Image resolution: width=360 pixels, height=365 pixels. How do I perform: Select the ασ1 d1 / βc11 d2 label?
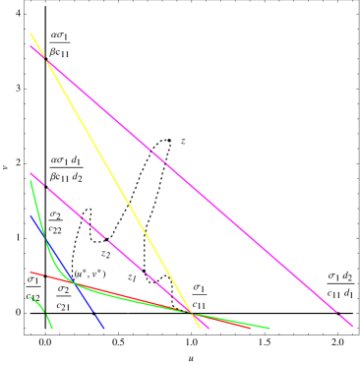click(x=67, y=168)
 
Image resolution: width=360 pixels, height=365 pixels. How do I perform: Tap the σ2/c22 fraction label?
click(x=56, y=222)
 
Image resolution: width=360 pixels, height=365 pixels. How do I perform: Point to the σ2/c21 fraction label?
click(x=63, y=297)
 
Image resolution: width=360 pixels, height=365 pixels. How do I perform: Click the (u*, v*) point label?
click(x=90, y=274)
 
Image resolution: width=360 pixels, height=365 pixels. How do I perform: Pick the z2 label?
click(x=106, y=254)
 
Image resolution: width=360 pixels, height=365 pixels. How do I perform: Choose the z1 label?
click(x=132, y=277)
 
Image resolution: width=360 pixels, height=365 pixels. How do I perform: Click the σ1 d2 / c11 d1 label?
click(x=340, y=283)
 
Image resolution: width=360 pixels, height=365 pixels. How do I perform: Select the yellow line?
click(x=118, y=182)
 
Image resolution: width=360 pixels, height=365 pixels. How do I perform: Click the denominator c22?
click(x=56, y=229)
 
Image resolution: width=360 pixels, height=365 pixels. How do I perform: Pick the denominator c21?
click(x=63, y=305)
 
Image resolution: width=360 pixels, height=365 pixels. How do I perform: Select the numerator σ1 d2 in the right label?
click(x=340, y=275)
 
